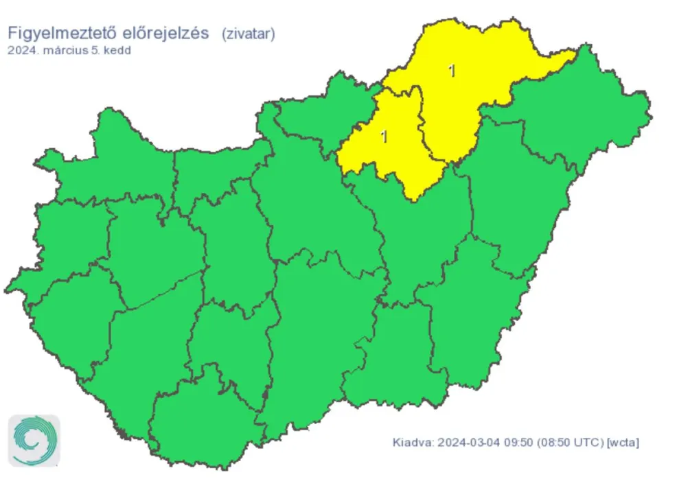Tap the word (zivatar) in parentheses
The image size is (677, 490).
pos(248,34)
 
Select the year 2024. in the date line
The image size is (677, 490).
pos(21,50)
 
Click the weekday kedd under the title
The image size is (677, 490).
pos(117,50)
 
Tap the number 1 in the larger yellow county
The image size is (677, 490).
pos(451,70)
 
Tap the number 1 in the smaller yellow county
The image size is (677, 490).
pos(384,136)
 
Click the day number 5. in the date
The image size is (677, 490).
pos(96,50)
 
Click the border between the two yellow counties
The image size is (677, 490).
pos(420,124)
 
